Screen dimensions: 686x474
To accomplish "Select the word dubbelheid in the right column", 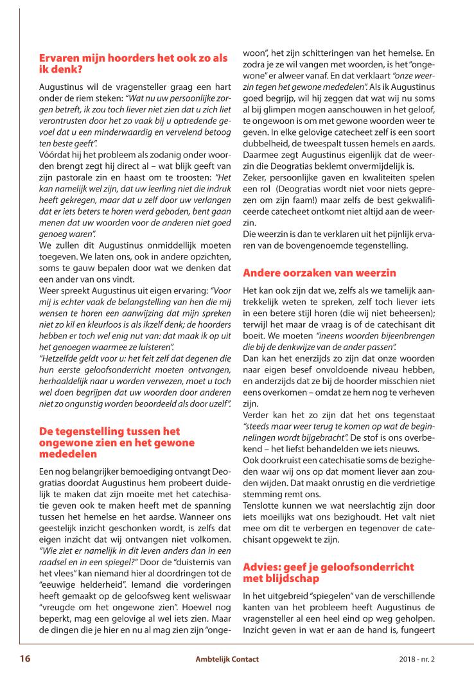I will point(268,128).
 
